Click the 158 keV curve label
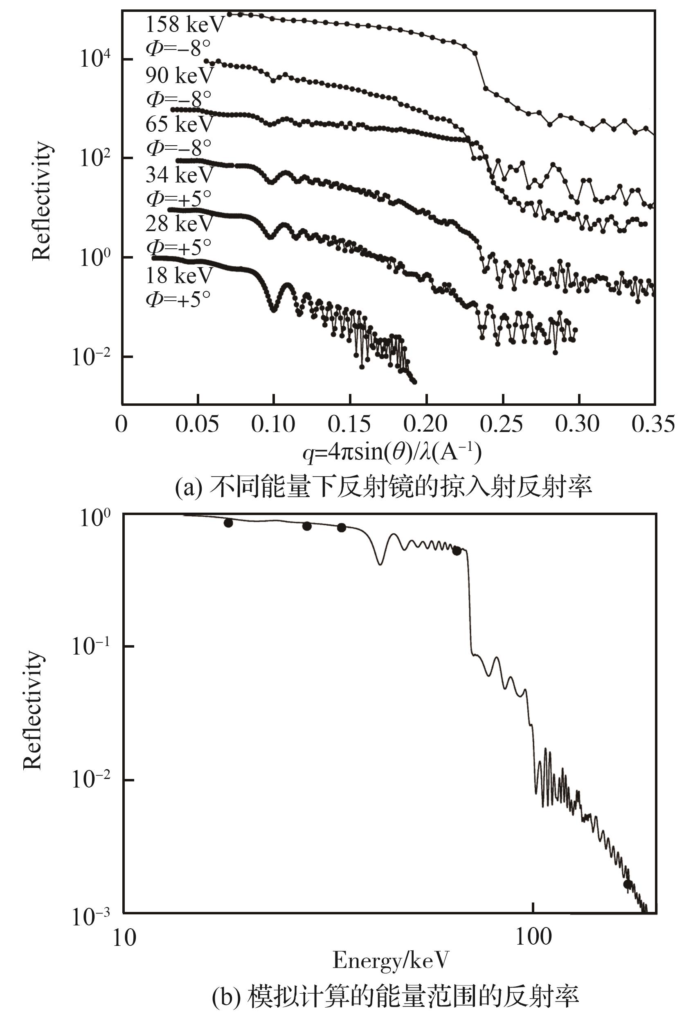(x=184, y=25)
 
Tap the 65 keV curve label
(x=179, y=124)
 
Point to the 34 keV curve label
(x=179, y=175)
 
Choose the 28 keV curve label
(x=179, y=224)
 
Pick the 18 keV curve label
(x=179, y=275)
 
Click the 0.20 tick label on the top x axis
(x=425, y=423)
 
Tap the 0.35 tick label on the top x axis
(x=653, y=423)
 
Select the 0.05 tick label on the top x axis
(x=197, y=423)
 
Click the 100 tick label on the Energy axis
(x=533, y=936)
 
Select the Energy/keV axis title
(x=390, y=960)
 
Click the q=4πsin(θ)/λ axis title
(x=392, y=453)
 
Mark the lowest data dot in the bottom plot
(x=628, y=884)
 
